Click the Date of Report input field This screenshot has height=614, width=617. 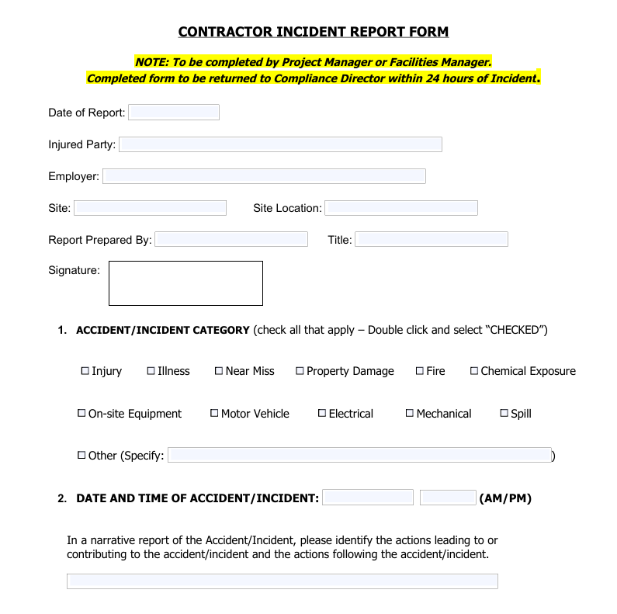click(174, 113)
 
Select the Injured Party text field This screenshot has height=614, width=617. click(280, 144)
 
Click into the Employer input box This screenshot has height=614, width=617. click(264, 176)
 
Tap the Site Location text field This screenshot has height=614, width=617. click(401, 208)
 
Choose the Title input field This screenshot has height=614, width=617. click(432, 239)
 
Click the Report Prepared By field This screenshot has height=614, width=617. click(231, 239)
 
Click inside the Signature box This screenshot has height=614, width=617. click(185, 283)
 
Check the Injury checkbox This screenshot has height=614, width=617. click(85, 371)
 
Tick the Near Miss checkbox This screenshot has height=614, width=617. click(219, 371)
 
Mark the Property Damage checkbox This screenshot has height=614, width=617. click(300, 371)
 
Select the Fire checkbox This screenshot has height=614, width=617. click(420, 371)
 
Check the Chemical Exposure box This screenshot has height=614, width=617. click(474, 371)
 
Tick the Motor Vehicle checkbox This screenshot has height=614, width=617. click(214, 413)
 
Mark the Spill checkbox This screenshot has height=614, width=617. click(504, 413)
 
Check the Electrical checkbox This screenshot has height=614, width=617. click(322, 413)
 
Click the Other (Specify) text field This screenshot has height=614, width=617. click(359, 455)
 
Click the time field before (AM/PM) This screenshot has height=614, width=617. click(448, 498)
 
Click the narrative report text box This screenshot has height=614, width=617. click(282, 581)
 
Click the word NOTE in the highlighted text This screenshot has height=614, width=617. click(151, 62)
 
